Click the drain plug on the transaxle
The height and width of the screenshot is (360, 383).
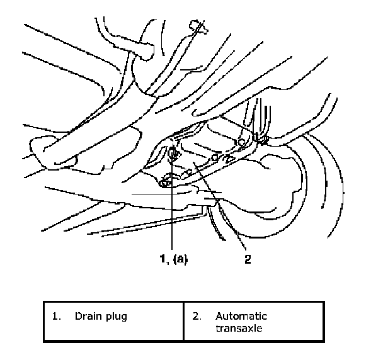(x=173, y=153)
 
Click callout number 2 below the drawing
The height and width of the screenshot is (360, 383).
(x=247, y=258)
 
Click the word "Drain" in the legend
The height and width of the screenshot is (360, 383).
(x=87, y=316)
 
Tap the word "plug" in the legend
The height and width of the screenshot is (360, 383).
(x=117, y=317)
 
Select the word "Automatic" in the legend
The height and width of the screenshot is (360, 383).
(x=241, y=316)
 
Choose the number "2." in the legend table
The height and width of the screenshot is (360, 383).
(x=197, y=316)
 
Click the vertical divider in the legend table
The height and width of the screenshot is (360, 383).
(x=184, y=322)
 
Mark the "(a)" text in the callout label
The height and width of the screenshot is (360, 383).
(x=180, y=258)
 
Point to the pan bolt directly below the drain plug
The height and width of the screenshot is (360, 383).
(x=166, y=182)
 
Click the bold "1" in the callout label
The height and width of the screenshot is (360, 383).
(x=163, y=258)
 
